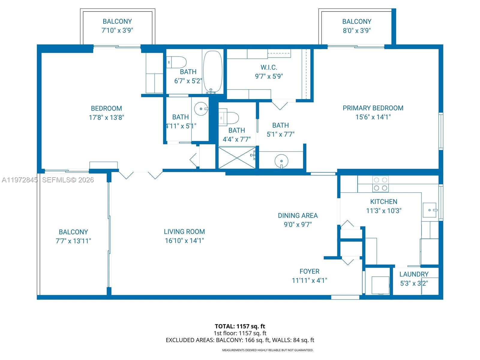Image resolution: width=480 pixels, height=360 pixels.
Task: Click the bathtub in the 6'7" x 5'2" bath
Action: click(213, 71)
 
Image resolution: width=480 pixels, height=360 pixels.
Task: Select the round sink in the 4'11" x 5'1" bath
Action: click(201, 109)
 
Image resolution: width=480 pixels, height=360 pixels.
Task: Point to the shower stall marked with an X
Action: click(237, 158)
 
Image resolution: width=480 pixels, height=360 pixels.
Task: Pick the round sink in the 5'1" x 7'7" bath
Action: click(281, 161)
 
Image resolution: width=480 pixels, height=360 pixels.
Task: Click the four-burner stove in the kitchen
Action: click(380, 184)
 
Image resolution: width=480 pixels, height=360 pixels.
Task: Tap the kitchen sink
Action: click(430, 210)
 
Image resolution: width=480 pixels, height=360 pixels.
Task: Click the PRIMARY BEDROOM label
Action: click(373, 108)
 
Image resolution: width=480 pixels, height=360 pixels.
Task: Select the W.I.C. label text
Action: click(269, 67)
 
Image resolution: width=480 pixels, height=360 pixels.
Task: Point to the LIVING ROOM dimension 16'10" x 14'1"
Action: click(184, 241)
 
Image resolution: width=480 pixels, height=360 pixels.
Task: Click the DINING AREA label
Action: click(298, 215)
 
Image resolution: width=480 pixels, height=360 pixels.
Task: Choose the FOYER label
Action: click(309, 271)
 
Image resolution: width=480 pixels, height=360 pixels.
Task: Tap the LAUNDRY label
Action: click(414, 274)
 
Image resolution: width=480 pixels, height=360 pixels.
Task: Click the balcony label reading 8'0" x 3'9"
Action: click(357, 30)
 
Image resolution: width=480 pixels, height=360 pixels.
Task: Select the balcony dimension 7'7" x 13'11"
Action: click(73, 241)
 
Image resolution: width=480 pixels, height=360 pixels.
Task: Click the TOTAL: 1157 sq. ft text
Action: click(240, 326)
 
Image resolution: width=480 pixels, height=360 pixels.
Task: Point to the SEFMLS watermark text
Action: click(68, 180)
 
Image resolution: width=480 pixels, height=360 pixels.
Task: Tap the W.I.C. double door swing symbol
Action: click(280, 105)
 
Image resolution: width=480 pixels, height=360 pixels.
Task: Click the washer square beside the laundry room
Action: click(380, 285)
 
